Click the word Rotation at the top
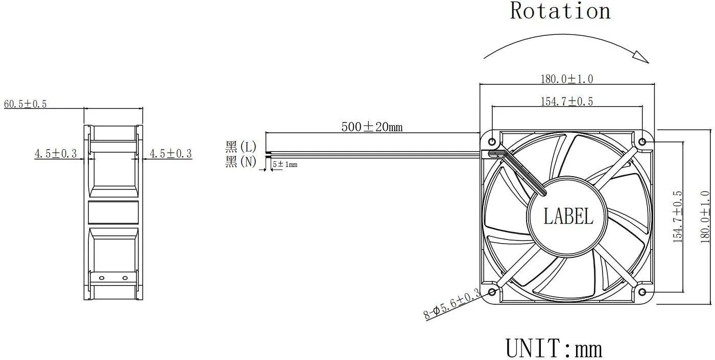click(560, 11)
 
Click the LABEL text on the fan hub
click(568, 216)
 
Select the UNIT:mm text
click(554, 348)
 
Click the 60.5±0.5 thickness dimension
click(25, 104)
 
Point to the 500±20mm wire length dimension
click(372, 127)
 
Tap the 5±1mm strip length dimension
click(285, 164)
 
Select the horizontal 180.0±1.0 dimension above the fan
click(566, 79)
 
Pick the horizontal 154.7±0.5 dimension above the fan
click(566, 102)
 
